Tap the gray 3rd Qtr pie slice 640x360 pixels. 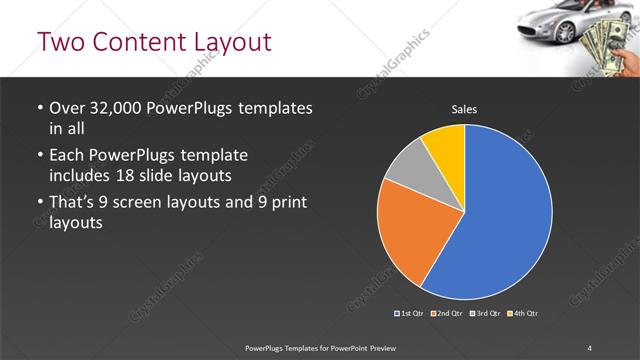coord(406,180)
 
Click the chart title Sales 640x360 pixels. coord(464,108)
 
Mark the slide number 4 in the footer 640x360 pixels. coord(590,347)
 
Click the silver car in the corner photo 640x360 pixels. coord(552,22)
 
